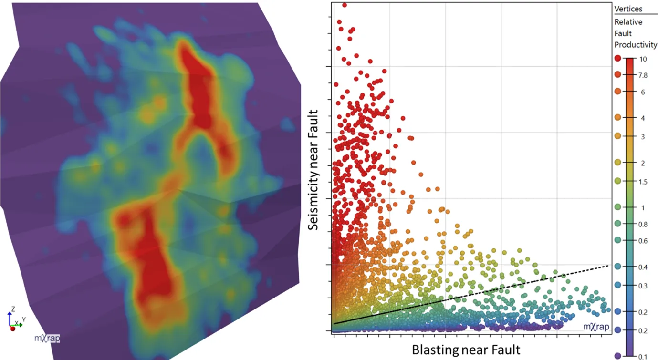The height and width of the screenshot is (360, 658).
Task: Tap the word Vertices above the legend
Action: click(x=628, y=9)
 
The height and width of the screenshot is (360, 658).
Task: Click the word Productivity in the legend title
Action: click(x=636, y=45)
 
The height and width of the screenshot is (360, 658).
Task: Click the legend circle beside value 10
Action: click(x=618, y=58)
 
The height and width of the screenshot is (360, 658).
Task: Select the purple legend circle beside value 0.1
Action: click(x=618, y=356)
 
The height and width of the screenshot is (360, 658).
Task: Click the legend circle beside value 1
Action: click(x=618, y=207)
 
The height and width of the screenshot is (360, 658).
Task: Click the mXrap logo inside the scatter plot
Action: click(x=597, y=327)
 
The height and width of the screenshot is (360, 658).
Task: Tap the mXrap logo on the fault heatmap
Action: click(x=47, y=339)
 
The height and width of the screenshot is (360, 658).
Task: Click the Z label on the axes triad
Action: click(x=13, y=309)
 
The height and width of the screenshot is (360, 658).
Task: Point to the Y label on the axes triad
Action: click(x=24, y=319)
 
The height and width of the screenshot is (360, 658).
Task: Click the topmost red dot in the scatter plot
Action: click(x=344, y=5)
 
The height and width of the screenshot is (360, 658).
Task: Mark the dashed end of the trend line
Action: click(x=606, y=266)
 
